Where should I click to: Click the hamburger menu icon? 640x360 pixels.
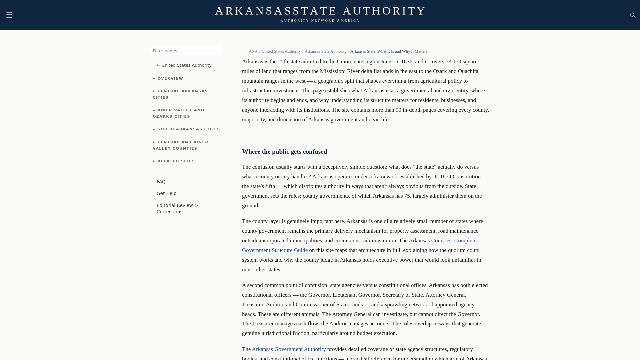tap(9, 15)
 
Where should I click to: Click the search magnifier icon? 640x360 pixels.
tap(633, 15)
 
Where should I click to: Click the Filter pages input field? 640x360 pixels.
tap(186, 51)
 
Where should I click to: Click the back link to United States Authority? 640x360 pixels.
tap(184, 65)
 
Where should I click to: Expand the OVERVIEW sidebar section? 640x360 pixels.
tap(168, 79)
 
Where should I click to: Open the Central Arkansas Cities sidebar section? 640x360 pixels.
tap(180, 94)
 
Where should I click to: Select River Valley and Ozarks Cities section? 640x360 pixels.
tap(178, 113)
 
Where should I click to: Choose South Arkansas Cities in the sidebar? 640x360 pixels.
tap(186, 129)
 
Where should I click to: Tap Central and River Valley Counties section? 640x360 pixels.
tap(180, 145)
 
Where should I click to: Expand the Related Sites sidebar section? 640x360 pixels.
tap(174, 161)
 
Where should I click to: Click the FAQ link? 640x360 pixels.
tap(161, 182)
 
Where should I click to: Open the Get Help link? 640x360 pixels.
tap(166, 193)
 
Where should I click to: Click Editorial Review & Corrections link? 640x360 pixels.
tap(177, 209)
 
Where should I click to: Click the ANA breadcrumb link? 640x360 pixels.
tap(253, 51)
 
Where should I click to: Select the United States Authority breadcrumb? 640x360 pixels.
tap(281, 51)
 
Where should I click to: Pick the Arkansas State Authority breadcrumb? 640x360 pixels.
tap(325, 51)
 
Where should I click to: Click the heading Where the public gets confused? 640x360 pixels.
tap(284, 152)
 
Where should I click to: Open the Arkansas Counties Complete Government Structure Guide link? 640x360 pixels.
tap(442, 241)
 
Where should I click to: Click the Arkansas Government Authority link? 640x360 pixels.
tap(289, 349)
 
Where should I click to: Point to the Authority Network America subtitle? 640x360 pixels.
tap(320, 21)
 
